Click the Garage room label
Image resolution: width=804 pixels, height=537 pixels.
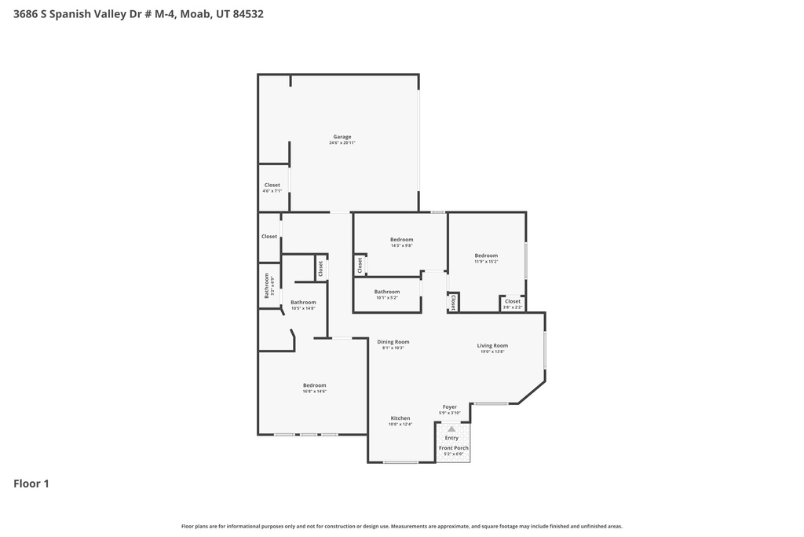coord(342,137)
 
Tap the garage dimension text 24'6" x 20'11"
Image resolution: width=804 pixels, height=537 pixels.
coord(342,143)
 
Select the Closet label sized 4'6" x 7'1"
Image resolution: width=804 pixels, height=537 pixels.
coord(272,186)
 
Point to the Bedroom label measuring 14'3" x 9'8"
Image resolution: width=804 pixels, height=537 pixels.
coord(401,240)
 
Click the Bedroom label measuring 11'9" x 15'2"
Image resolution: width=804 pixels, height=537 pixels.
coord(486,256)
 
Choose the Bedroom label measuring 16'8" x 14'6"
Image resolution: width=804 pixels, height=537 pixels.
coord(314,385)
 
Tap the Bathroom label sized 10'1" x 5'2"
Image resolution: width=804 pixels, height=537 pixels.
coord(387,292)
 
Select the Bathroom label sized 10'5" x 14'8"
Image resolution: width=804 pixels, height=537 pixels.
coord(303,303)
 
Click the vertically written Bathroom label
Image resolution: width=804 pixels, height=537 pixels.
coord(267,285)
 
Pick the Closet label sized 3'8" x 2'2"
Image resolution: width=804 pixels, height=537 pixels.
coord(512,301)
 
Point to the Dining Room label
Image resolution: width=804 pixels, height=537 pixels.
coord(393,342)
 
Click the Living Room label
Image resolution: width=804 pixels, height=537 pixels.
coord(492,346)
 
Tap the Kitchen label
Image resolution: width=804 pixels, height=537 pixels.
coord(400,418)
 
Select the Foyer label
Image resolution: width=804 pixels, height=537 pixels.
coord(449,407)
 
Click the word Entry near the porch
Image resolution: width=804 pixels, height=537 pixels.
coord(451,438)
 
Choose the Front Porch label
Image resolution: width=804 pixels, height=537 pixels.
coord(453,448)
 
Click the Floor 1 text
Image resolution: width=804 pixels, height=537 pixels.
coord(31,484)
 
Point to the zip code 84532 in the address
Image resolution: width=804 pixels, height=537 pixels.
coord(248,13)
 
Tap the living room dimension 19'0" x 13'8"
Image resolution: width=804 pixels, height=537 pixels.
coord(492,352)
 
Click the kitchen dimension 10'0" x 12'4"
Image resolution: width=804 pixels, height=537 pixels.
coord(400,425)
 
